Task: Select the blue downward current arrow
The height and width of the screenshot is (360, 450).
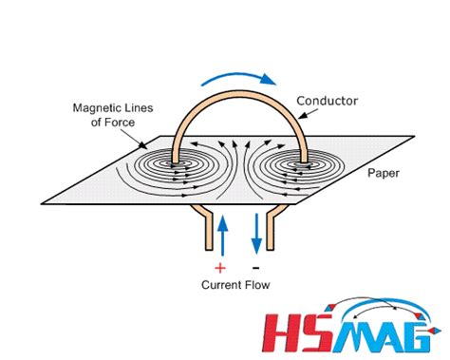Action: [254, 235]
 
